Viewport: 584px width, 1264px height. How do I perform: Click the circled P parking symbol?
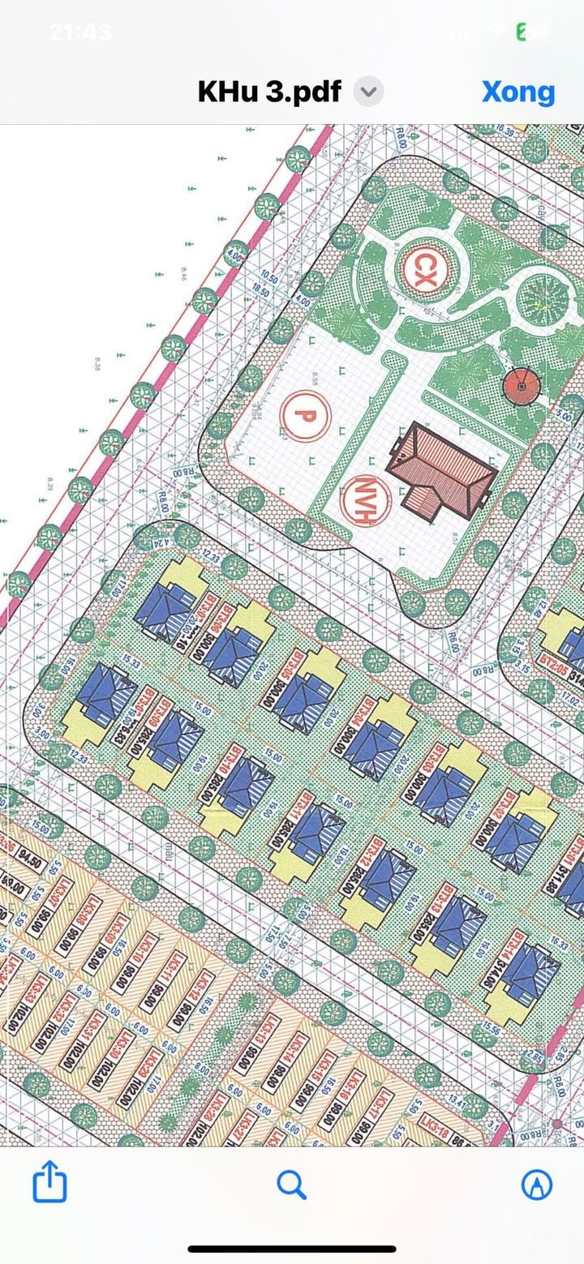coord(305,416)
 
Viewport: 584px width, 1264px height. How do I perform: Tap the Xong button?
coord(518,92)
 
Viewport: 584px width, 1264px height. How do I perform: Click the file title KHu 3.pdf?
coord(269,92)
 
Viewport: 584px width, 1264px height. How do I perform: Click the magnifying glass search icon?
coord(291,1185)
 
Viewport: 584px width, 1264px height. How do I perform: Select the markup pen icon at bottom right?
coord(536,1185)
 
